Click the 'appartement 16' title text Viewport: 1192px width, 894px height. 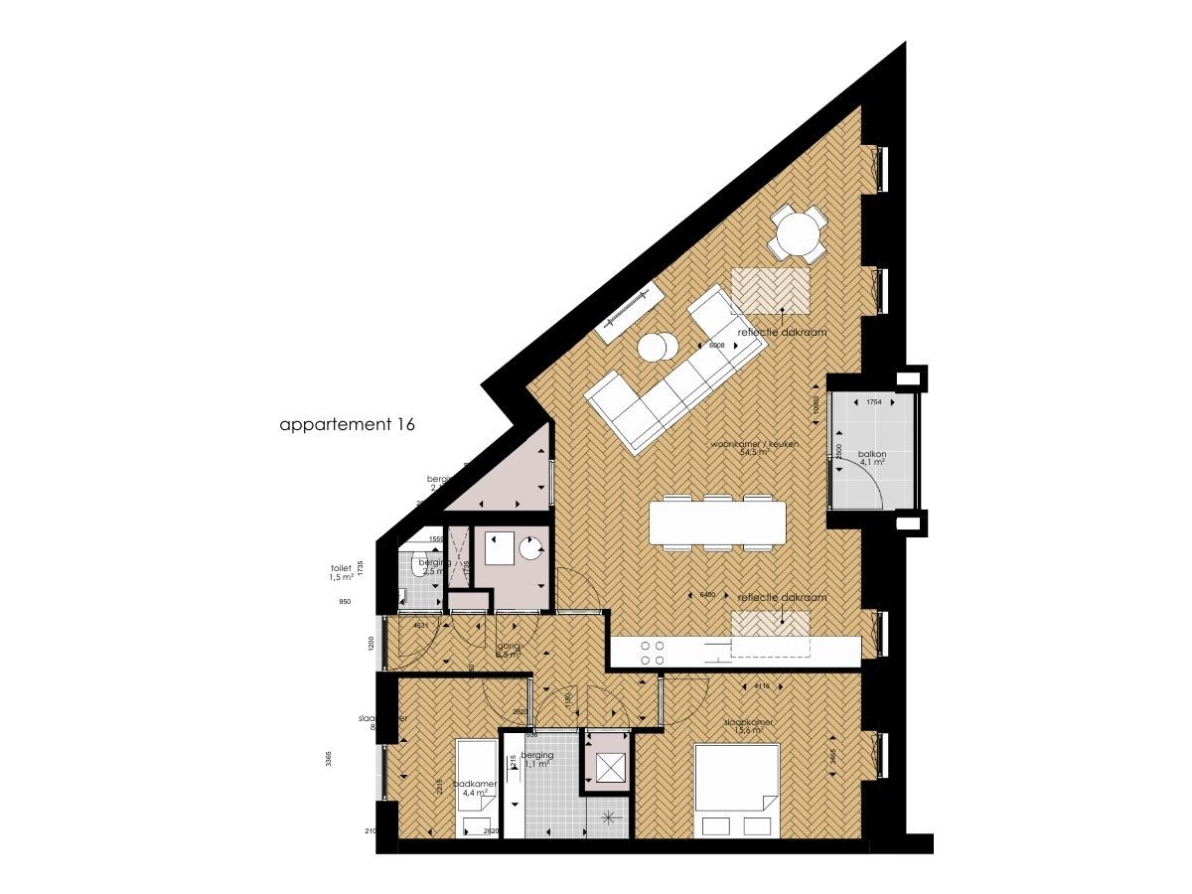click(x=347, y=424)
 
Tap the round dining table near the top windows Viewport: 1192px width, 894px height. click(x=799, y=234)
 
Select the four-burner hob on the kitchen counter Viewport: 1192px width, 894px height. click(x=653, y=652)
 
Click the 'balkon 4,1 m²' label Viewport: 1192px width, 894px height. click(x=874, y=457)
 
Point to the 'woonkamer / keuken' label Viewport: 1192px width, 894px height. click(x=750, y=447)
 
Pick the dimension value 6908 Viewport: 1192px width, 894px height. click(x=715, y=345)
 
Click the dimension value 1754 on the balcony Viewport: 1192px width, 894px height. click(x=874, y=402)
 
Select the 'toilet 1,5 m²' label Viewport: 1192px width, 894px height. click(x=343, y=574)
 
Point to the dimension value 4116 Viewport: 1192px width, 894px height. click(x=762, y=685)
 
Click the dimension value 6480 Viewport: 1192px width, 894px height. click(x=708, y=595)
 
